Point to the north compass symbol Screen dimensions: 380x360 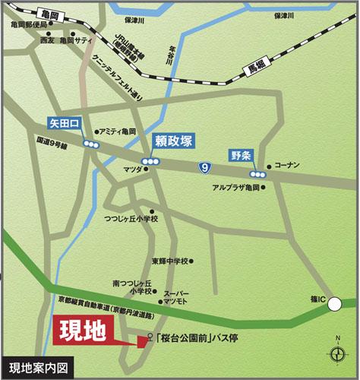tap(336, 352)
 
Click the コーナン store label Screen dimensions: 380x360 tap(287, 164)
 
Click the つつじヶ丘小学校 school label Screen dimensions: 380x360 tap(131, 219)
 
